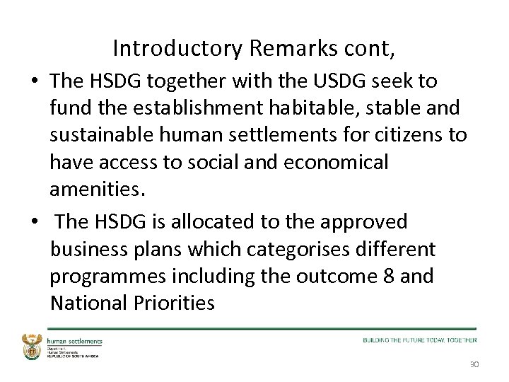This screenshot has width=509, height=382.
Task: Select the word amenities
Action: [95, 189]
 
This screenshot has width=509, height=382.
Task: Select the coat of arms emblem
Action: [33, 346]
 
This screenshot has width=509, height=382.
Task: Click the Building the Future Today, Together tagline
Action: [420, 340]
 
